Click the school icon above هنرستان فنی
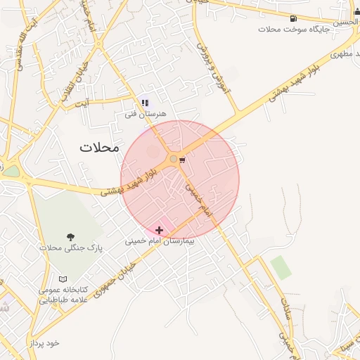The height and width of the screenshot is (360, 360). (146, 103)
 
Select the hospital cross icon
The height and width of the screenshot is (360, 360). (160, 229)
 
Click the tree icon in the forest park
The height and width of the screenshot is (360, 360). (70, 237)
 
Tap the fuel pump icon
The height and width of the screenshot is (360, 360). (292, 18)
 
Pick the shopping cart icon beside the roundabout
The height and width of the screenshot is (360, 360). (183, 160)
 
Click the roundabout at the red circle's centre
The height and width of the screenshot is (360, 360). (174, 160)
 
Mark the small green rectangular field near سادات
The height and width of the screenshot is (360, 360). (281, 267)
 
